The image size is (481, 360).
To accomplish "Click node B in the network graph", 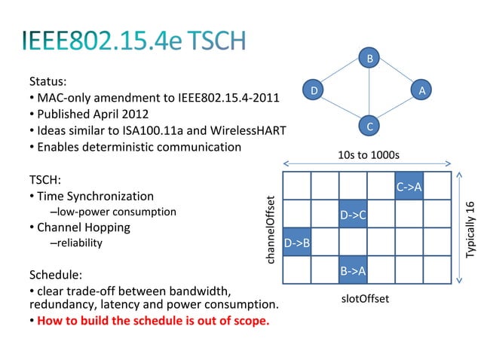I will [x=369, y=58].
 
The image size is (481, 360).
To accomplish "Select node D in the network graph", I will [x=315, y=90].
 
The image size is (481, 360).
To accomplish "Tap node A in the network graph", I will [x=423, y=90].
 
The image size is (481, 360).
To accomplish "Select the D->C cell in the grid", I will [x=353, y=215].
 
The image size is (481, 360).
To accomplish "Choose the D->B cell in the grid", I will [x=296, y=243].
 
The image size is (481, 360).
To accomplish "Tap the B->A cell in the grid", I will [x=353, y=270].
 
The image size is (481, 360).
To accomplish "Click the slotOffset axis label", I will [x=365, y=299].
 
